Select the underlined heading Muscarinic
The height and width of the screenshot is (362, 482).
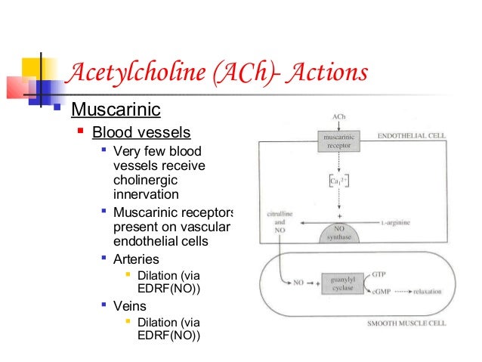click(x=116, y=110)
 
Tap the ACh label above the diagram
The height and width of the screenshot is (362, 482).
click(x=340, y=117)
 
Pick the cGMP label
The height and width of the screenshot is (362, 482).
click(x=383, y=289)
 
